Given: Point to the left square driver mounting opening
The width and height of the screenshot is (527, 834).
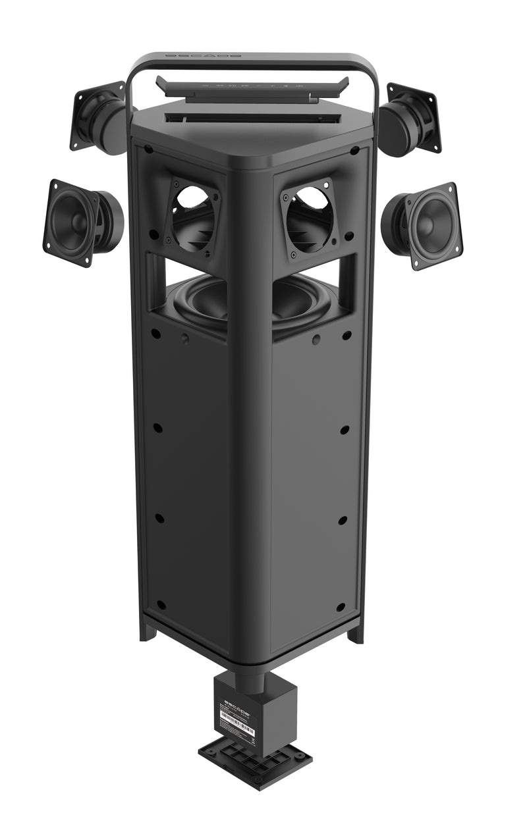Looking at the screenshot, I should [192, 217].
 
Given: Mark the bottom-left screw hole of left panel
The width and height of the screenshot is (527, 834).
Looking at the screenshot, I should [161, 604].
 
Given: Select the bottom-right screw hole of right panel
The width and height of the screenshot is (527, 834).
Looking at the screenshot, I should [341, 606].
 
